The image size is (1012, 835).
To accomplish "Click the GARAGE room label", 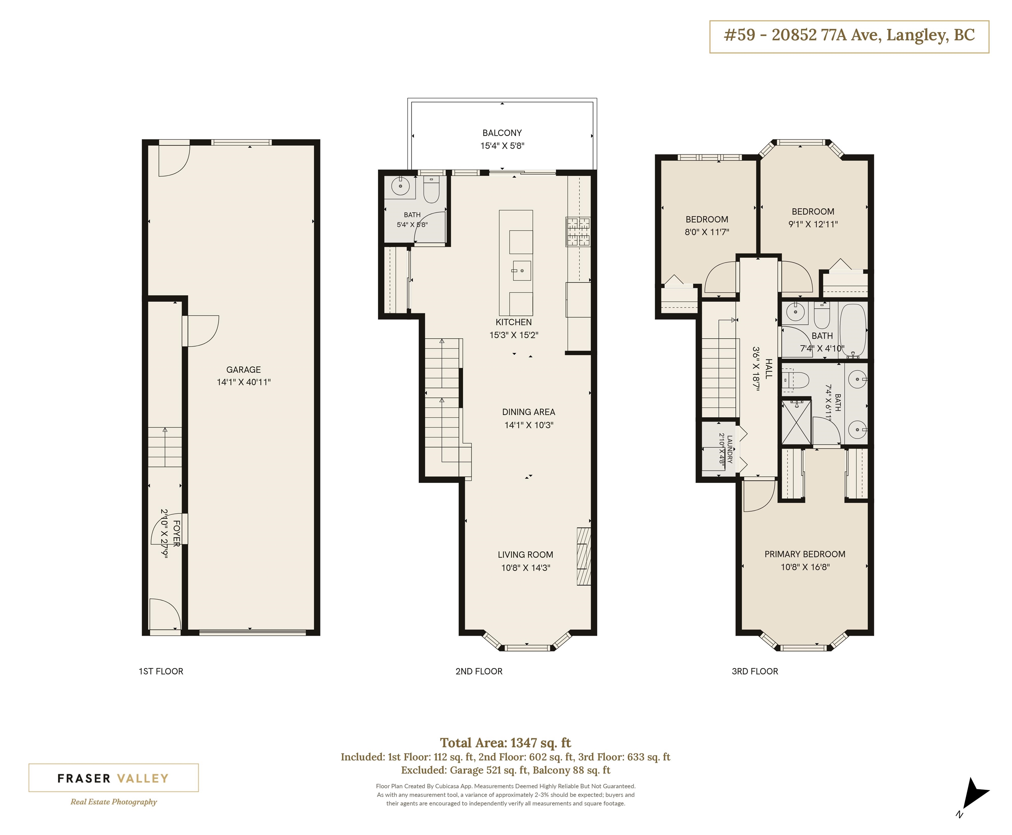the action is click(243, 369).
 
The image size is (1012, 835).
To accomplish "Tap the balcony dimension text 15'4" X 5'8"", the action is click(502, 146).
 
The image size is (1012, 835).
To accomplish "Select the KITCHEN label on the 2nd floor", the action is click(514, 322).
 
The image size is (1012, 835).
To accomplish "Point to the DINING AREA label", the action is click(528, 412).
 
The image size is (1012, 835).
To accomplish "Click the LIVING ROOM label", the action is click(525, 554).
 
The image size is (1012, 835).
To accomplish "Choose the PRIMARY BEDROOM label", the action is click(805, 554).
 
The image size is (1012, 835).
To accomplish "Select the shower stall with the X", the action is click(796, 422).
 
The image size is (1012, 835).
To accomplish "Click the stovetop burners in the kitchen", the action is click(578, 232).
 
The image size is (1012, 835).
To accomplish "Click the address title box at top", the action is click(849, 37).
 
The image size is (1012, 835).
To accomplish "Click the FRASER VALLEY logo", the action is click(113, 778).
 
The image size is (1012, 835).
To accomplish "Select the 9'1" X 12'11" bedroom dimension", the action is click(813, 224).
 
